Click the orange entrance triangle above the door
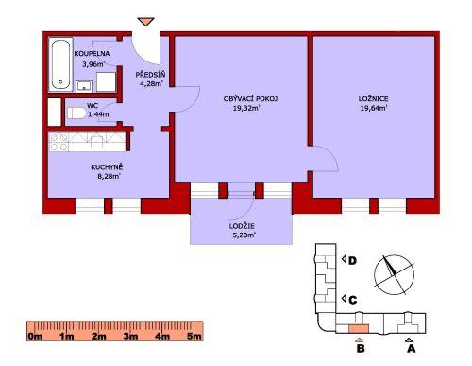pyautogui.click(x=145, y=22)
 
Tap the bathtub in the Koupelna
pyautogui.click(x=60, y=64)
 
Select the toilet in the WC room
pyautogui.click(x=76, y=113)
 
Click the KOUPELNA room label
pyautogui.click(x=92, y=54)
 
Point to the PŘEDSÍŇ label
pyautogui.click(x=150, y=75)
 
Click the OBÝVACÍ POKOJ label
pyautogui.click(x=250, y=98)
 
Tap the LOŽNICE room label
pyautogui.click(x=373, y=98)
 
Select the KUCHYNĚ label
pyautogui.click(x=107, y=167)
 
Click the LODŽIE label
pyautogui.click(x=242, y=226)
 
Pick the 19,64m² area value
pyautogui.click(x=374, y=109)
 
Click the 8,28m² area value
pyautogui.click(x=109, y=177)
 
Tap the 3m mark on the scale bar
pyautogui.click(x=130, y=336)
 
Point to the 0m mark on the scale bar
pyautogui.click(x=35, y=336)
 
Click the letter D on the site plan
pyautogui.click(x=353, y=261)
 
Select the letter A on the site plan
pyautogui.click(x=412, y=349)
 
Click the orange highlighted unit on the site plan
pyautogui.click(x=359, y=329)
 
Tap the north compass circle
pyautogui.click(x=394, y=275)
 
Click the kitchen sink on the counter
pyautogui.click(x=97, y=142)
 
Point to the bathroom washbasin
pyautogui.click(x=84, y=86)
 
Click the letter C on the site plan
pyautogui.click(x=353, y=300)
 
